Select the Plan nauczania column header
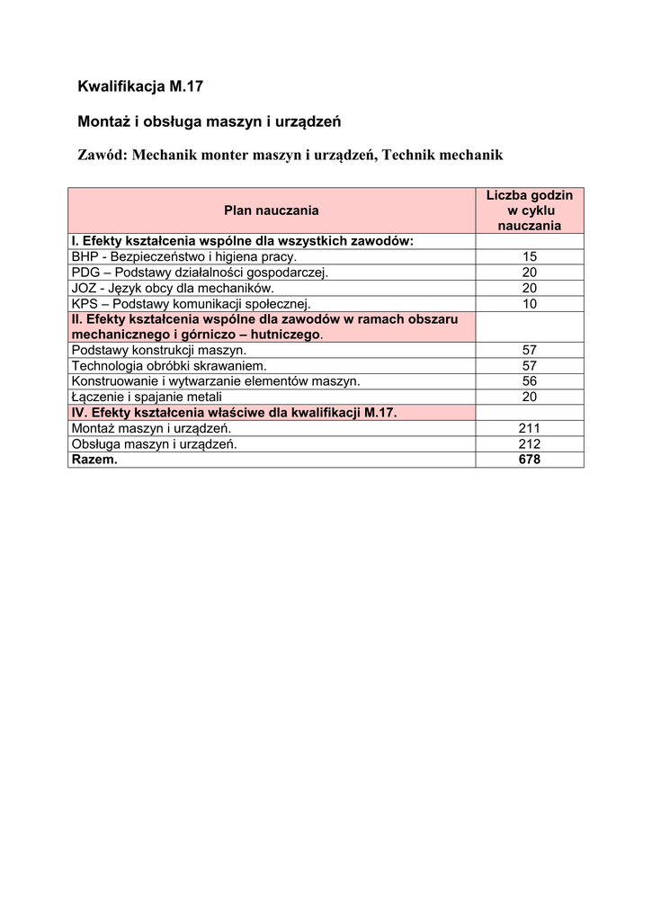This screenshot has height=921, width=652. click(272, 210)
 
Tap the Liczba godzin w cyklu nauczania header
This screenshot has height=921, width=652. click(529, 210)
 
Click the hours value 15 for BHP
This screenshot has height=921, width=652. click(529, 256)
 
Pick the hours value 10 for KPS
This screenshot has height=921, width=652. click(529, 304)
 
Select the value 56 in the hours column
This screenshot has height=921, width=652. click(529, 380)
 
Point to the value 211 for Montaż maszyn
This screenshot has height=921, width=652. click(529, 428)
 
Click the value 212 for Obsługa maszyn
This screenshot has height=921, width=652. click(529, 443)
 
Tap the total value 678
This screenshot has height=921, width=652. click(529, 459)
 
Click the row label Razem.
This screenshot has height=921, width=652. click(94, 459)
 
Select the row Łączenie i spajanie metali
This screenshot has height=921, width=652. click(147, 397)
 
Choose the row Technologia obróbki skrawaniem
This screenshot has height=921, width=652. click(169, 365)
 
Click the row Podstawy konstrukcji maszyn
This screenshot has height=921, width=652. click(159, 350)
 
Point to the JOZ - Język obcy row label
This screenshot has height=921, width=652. click(172, 288)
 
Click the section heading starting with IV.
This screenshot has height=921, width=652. click(234, 412)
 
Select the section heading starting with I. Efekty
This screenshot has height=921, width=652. click(242, 241)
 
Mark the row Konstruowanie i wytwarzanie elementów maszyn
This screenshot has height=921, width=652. click(216, 380)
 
